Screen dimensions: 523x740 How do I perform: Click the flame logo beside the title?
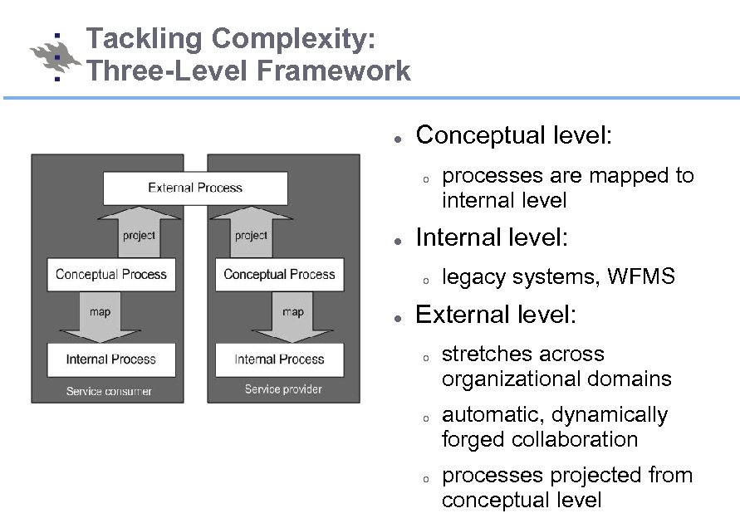click(x=55, y=56)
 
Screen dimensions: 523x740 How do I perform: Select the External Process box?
click(x=195, y=188)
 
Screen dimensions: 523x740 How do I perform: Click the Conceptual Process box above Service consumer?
click(x=111, y=275)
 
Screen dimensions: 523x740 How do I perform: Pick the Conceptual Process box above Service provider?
click(x=279, y=275)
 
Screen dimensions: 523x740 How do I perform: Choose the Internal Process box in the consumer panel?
click(x=111, y=359)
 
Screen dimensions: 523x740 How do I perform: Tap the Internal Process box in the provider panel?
click(x=279, y=359)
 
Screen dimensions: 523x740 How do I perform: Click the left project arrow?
click(x=139, y=233)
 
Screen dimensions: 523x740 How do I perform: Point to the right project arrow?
click(x=251, y=233)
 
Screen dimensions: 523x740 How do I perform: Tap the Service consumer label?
click(x=109, y=391)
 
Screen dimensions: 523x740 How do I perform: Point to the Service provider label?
click(x=283, y=389)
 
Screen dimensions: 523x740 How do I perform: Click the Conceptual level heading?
click(x=513, y=135)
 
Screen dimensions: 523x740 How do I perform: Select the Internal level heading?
click(x=492, y=238)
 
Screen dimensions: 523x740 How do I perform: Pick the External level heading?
click(x=495, y=315)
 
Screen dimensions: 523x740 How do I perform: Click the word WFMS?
click(x=641, y=277)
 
